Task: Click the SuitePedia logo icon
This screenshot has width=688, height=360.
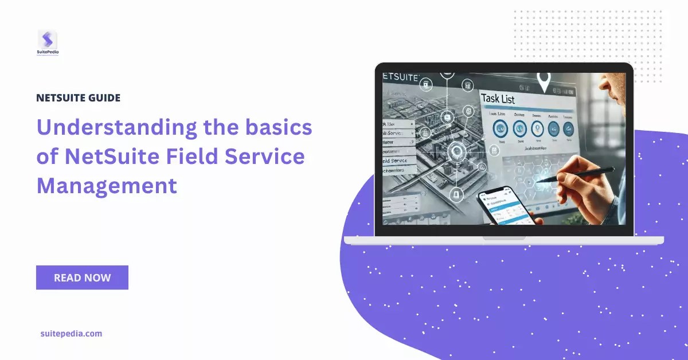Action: pyautogui.click(x=48, y=40)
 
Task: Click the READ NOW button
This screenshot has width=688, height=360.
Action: pyautogui.click(x=82, y=277)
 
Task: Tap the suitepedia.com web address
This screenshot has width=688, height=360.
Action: pyautogui.click(x=71, y=333)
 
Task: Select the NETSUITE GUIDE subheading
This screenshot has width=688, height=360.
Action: pyautogui.click(x=78, y=98)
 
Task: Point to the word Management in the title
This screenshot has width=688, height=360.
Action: pyautogui.click(x=107, y=185)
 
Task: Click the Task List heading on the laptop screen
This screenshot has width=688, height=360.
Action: pyautogui.click(x=498, y=99)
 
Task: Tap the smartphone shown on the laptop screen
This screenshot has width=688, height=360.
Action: pyautogui.click(x=503, y=208)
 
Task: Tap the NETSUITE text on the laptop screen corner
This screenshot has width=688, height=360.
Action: pyautogui.click(x=401, y=77)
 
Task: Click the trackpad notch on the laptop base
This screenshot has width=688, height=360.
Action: pyautogui.click(x=504, y=237)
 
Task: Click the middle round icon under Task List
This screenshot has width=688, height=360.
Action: pyautogui.click(x=537, y=128)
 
